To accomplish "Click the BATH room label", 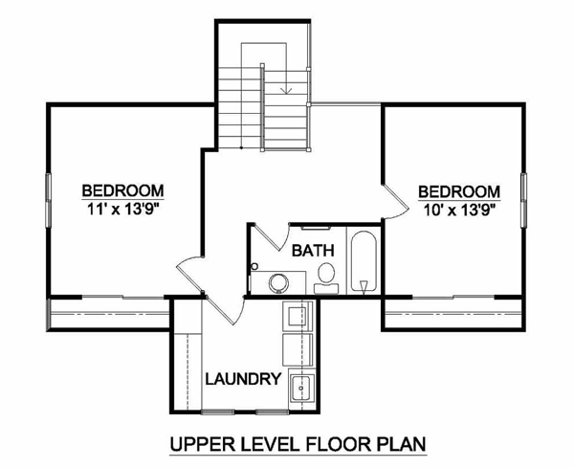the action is point(313,251).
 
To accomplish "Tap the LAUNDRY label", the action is point(243,379).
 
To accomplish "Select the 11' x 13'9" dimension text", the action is point(123,210).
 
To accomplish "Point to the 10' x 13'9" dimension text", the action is point(459,211).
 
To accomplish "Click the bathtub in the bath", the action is point(364,261).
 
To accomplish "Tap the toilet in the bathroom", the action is point(326,279).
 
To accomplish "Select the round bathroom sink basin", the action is point(279,283).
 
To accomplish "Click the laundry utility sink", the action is point(301,388).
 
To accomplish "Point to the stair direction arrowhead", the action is point(286,90).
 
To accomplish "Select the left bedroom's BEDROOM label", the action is point(123,190).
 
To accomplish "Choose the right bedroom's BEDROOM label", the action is point(459,191).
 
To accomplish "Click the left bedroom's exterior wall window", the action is point(48,201).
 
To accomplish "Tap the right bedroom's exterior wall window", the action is point(524,201).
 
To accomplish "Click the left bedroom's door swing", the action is point(190,273).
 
